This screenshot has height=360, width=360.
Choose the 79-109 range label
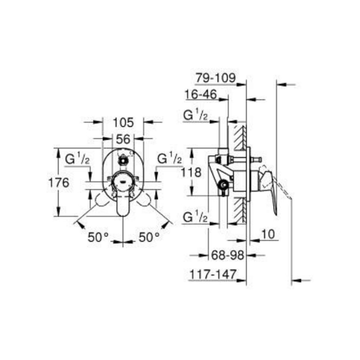point(215,77)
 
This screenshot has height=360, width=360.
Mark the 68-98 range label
point(227,255)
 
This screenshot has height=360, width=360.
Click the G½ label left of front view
point(77,159)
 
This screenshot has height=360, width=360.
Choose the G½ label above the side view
point(196,116)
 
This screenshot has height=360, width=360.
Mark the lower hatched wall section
point(239,209)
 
